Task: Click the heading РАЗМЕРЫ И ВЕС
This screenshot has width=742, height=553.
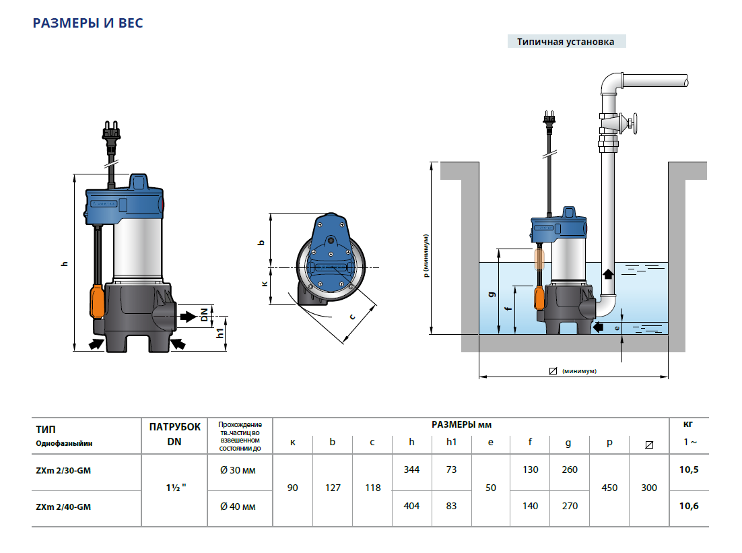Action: point(88,23)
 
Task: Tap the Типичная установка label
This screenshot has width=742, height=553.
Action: point(566,42)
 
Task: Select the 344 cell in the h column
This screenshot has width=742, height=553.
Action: point(411,469)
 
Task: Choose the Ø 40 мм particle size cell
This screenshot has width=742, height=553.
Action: point(238,506)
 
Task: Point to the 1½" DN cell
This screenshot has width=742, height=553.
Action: point(174,488)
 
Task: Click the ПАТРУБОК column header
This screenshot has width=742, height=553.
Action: point(174,427)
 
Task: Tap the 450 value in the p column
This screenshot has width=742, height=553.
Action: point(609,488)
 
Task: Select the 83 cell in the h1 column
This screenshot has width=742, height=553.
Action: point(451,506)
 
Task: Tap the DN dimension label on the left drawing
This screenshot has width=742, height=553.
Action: point(204,315)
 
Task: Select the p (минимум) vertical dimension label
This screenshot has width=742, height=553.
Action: point(426,256)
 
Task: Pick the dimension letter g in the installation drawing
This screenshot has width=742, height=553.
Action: point(492,294)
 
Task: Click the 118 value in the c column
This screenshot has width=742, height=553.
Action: point(372,488)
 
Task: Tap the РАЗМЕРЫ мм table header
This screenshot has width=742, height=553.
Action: point(461,425)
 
